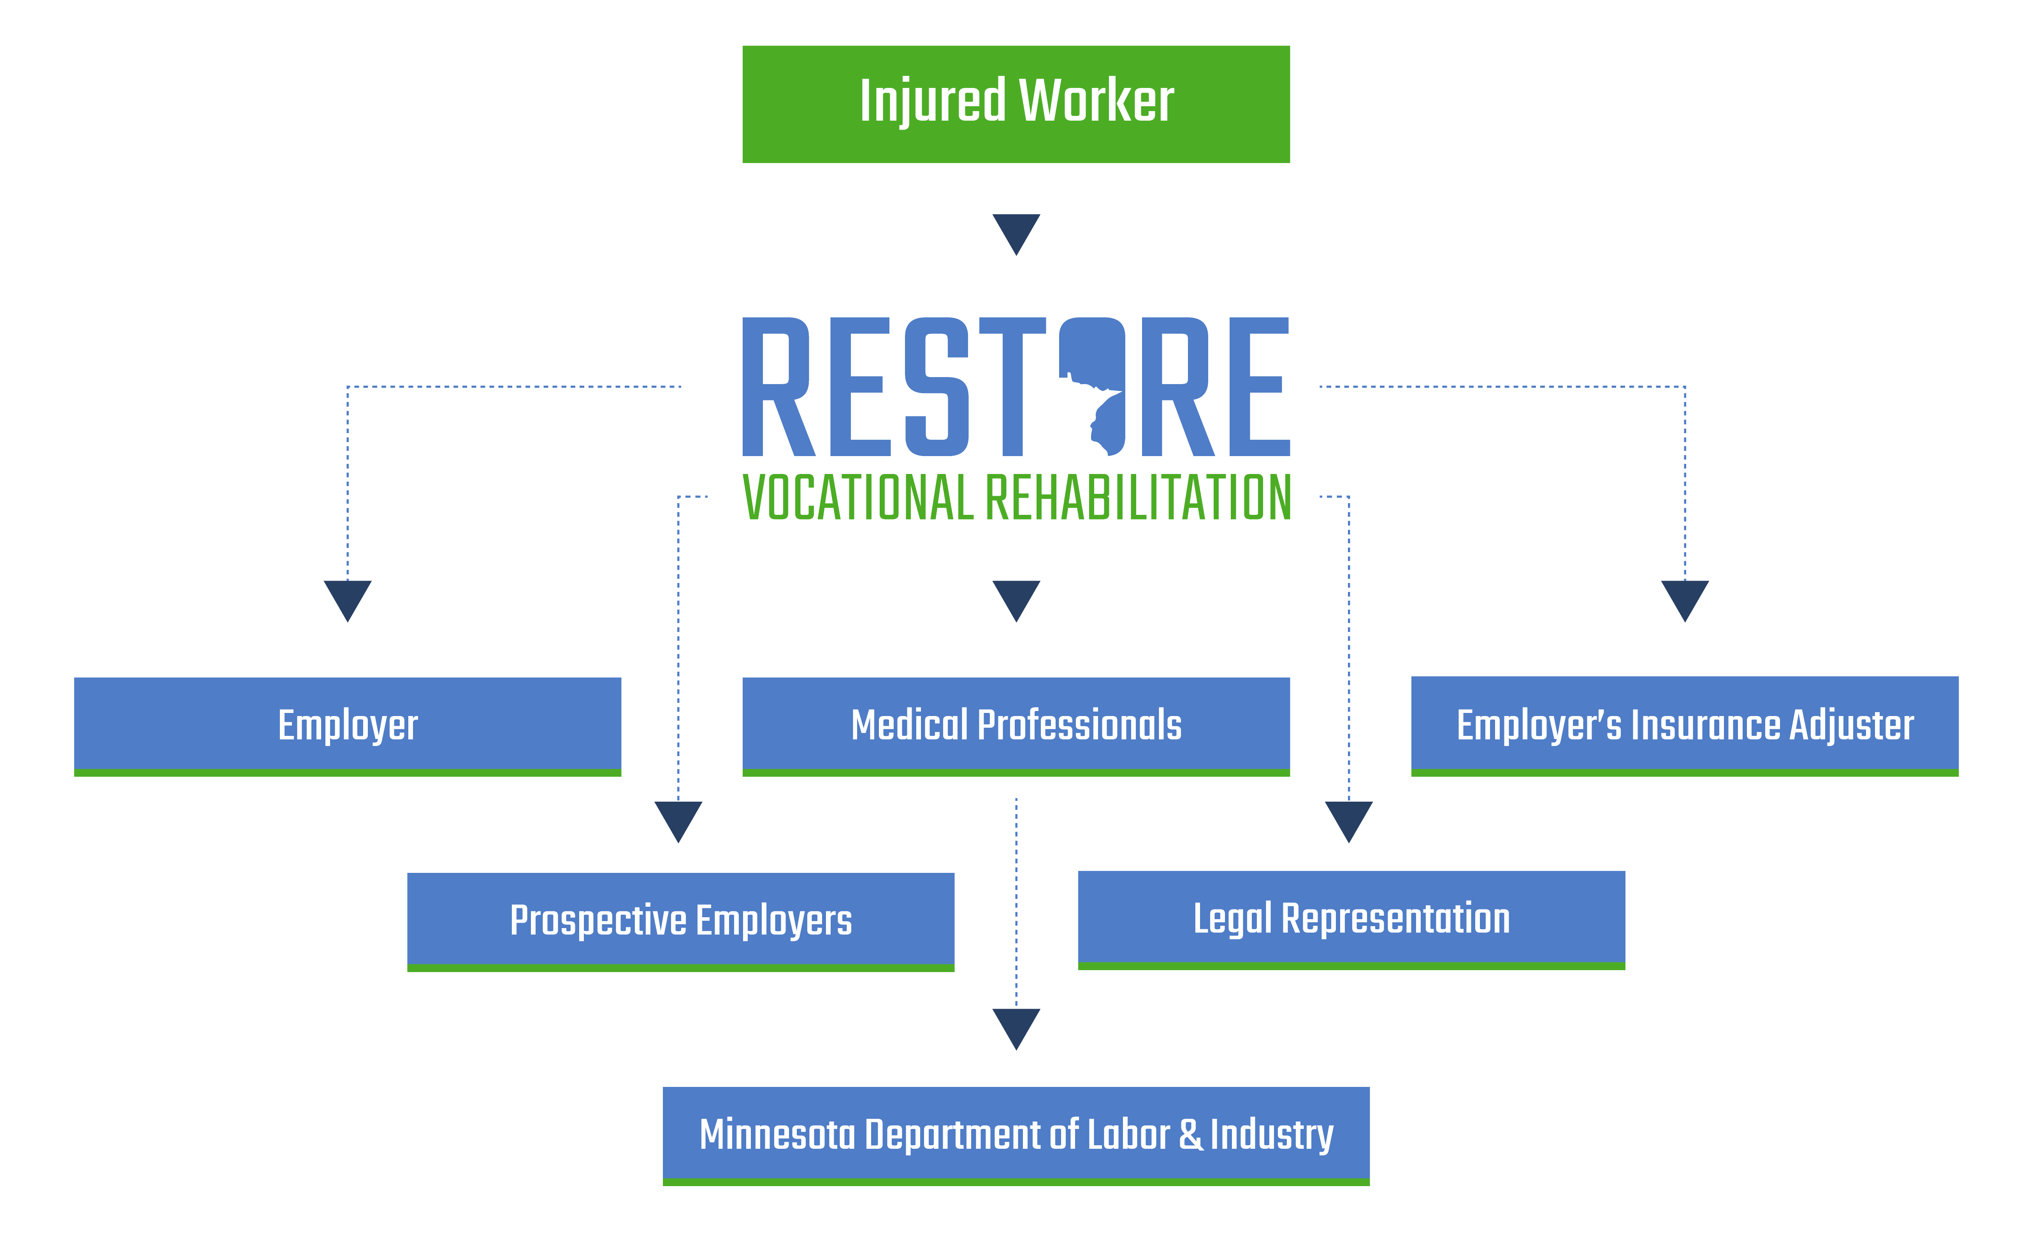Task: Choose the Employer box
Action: click(348, 725)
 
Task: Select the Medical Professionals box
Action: click(1016, 725)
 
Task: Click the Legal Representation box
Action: click(1351, 918)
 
